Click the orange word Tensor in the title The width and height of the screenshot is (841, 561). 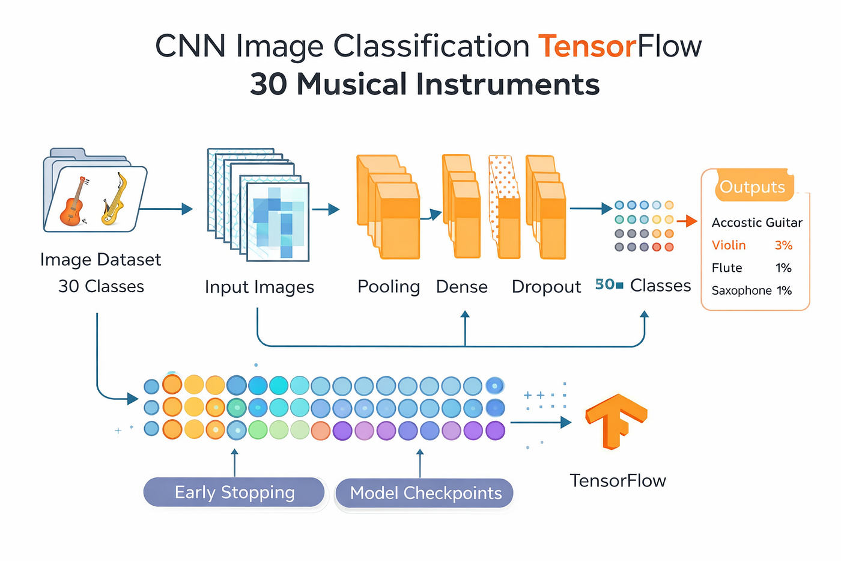[x=587, y=46]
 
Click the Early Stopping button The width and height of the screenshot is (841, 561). [x=234, y=492]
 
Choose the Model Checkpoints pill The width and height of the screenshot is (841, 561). [x=425, y=493]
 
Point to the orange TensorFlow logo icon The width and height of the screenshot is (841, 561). [x=616, y=422]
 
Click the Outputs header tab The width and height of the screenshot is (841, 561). [x=753, y=186]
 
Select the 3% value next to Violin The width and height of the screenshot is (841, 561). [x=783, y=245]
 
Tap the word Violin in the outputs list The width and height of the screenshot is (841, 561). [x=729, y=245]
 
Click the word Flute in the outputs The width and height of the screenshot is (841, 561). [x=727, y=268]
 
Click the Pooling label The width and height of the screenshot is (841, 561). [x=389, y=287]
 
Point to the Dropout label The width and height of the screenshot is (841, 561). [x=546, y=287]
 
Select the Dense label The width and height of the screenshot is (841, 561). [x=462, y=287]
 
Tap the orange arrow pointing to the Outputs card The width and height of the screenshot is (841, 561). [x=687, y=221]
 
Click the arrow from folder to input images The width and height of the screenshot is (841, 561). [x=166, y=209]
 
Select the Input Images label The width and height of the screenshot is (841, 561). [x=260, y=287]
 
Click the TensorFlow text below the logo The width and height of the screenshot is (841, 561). [x=618, y=480]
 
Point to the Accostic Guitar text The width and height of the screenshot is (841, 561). [x=757, y=223]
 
